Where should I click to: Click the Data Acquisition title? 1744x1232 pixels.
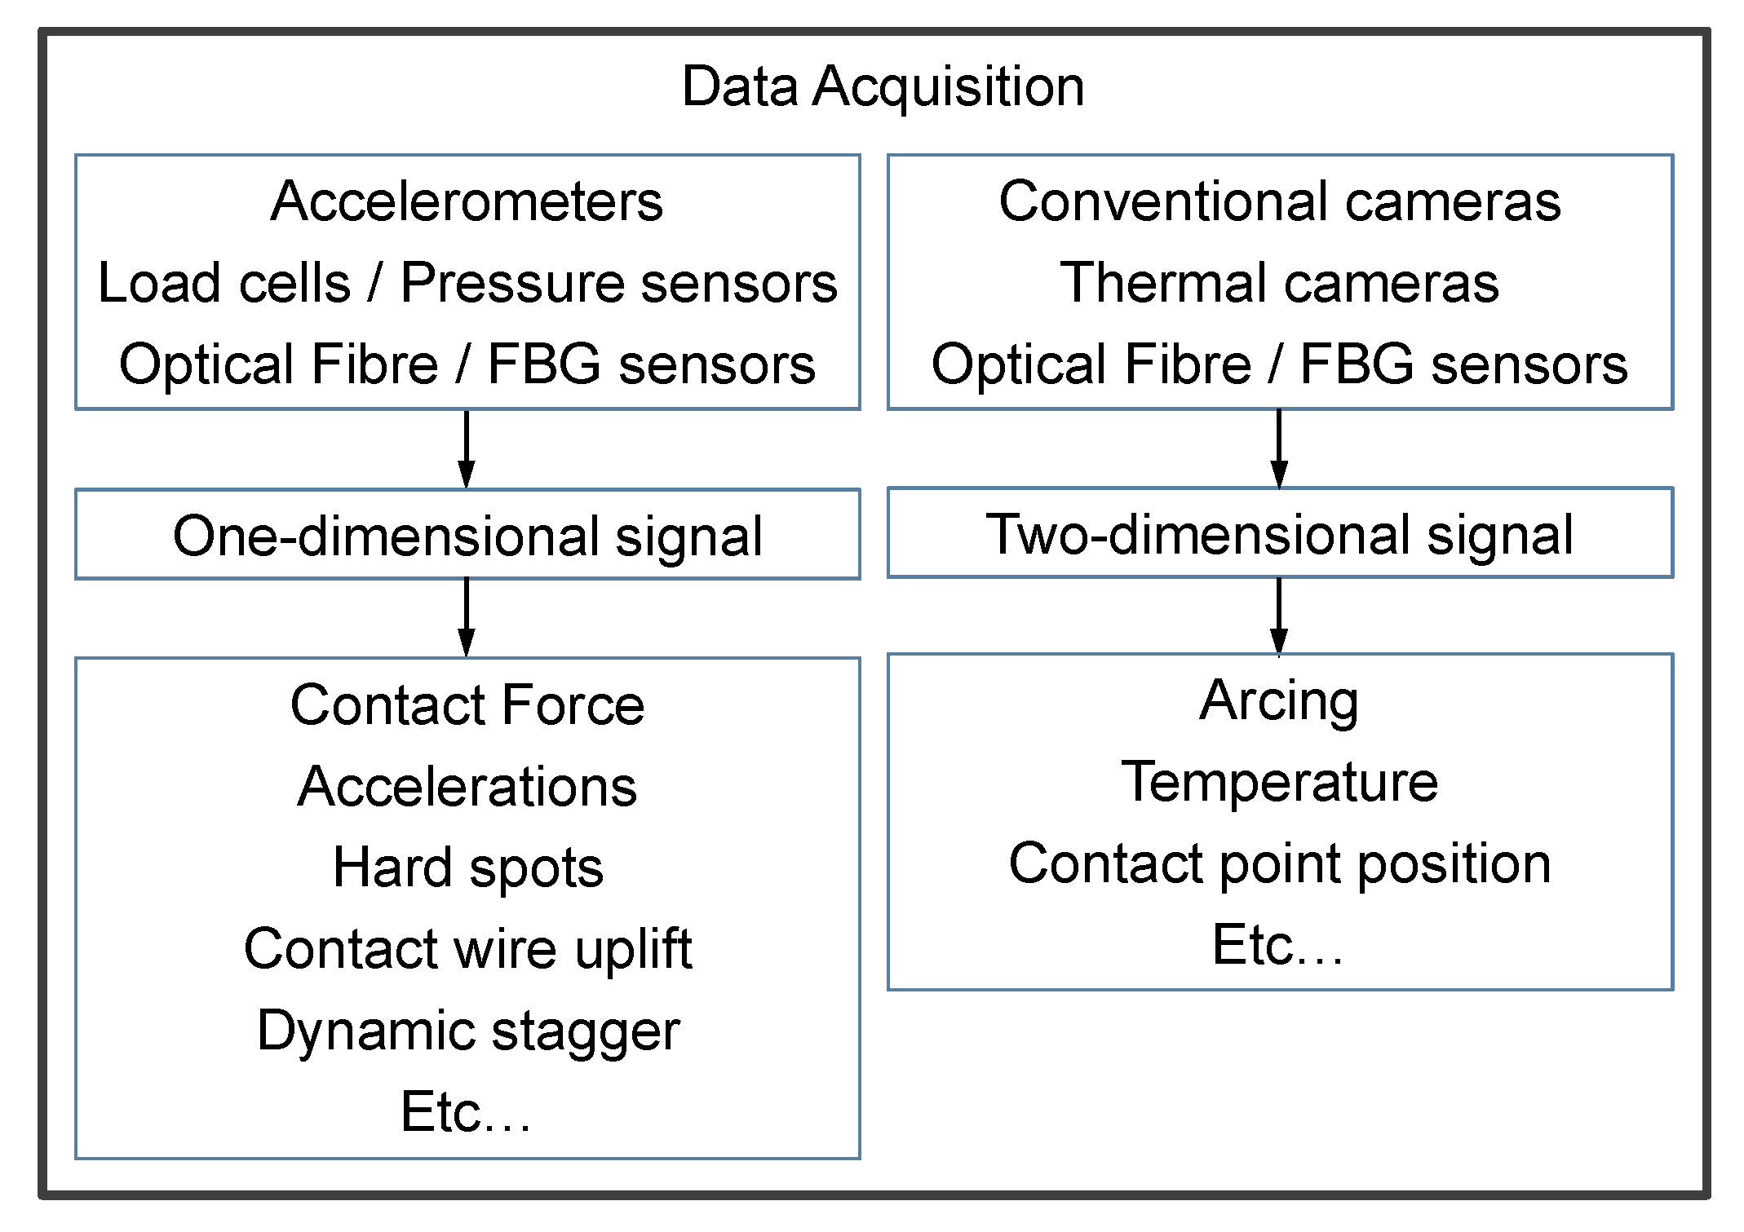tap(883, 86)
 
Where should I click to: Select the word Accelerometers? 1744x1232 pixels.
tap(467, 201)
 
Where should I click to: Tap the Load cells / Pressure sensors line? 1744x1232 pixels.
tap(467, 283)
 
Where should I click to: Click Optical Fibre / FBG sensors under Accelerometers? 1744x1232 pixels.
tap(467, 364)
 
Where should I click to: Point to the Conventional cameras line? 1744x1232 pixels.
tap(1279, 201)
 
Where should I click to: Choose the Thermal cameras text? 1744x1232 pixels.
tap(1279, 283)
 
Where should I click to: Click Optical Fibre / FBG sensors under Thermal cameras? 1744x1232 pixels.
tap(1279, 364)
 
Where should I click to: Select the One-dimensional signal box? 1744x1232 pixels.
tap(467, 535)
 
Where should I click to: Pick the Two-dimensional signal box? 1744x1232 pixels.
tap(1279, 533)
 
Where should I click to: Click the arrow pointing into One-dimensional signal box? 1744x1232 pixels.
tap(466, 449)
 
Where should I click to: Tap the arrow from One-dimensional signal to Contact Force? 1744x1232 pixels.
tap(466, 617)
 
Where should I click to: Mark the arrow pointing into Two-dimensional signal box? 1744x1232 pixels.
tap(1278, 448)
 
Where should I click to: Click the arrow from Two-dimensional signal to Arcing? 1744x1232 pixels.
tap(1278, 616)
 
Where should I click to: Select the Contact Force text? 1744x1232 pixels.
tap(467, 704)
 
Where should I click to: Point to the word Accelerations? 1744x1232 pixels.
tap(467, 787)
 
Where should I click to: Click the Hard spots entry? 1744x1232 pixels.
tap(467, 868)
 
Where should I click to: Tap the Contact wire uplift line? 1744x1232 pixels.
tap(467, 949)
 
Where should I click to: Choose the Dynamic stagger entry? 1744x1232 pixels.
tap(467, 1031)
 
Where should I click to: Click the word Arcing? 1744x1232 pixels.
tap(1279, 700)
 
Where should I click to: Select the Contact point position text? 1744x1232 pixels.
tap(1279, 863)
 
